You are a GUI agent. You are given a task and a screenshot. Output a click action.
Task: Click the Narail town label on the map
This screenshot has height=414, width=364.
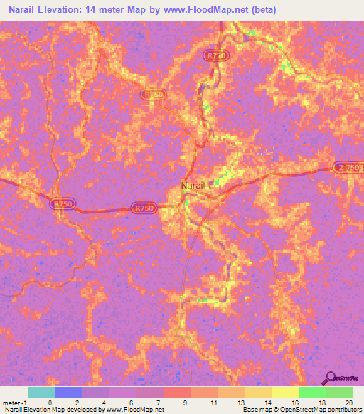(x=192, y=185)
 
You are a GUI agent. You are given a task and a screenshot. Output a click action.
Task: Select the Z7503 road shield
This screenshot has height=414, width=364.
(x=348, y=167)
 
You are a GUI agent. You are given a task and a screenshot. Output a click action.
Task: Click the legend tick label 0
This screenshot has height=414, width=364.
(x=49, y=403)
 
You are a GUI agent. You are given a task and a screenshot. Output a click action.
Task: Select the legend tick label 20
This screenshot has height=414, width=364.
(x=348, y=403)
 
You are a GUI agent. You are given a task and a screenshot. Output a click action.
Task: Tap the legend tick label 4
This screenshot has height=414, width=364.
(x=105, y=403)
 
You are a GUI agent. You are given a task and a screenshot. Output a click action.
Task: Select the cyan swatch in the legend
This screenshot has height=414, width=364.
(x=41, y=392)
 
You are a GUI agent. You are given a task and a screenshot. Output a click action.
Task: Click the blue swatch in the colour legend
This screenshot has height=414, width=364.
(x=69, y=392)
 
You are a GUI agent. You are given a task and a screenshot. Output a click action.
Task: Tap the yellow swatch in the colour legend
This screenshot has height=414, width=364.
(x=284, y=392)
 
